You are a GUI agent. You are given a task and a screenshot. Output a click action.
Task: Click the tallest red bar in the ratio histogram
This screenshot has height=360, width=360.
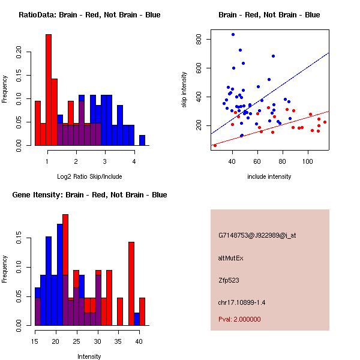[x=49, y=90]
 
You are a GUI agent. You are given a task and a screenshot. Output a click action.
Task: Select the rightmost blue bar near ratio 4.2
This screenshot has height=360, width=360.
[x=142, y=140]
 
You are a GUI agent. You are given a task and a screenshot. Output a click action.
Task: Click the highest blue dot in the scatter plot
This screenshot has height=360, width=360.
[x=233, y=35]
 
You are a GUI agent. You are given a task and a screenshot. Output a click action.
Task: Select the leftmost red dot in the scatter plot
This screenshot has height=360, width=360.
[x=215, y=145]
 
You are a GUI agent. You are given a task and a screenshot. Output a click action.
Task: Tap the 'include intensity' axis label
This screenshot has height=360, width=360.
[x=269, y=176]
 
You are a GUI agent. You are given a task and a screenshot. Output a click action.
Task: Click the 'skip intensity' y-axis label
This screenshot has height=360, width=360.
[x=185, y=90]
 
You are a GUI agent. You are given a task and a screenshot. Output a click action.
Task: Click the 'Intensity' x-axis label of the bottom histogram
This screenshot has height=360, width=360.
[x=89, y=356]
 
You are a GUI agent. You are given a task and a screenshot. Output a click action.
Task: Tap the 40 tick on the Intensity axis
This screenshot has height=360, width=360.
[x=138, y=342]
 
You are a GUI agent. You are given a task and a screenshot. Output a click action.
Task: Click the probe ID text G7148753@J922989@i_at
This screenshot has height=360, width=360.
[x=257, y=235]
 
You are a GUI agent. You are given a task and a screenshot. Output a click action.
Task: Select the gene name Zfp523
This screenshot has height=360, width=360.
[x=229, y=280]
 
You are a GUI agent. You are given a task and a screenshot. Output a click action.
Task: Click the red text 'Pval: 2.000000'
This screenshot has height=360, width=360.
[x=239, y=319]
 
